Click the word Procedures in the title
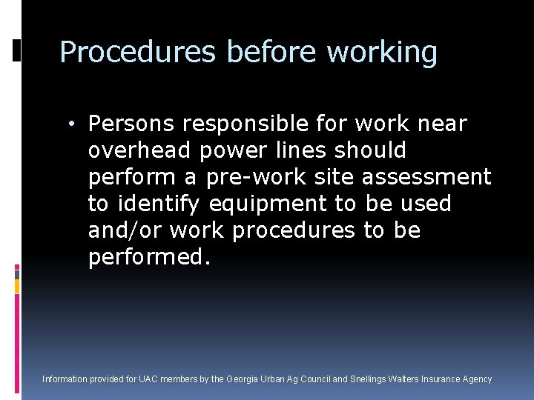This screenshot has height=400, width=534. [x=138, y=53]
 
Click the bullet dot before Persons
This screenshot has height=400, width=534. [x=77, y=123]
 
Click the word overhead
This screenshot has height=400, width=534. [x=140, y=150]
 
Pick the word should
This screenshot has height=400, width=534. [x=371, y=150]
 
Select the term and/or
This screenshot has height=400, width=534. [x=125, y=230]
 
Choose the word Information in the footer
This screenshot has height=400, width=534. [x=65, y=379]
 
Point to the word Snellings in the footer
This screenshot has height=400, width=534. [x=371, y=379]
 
